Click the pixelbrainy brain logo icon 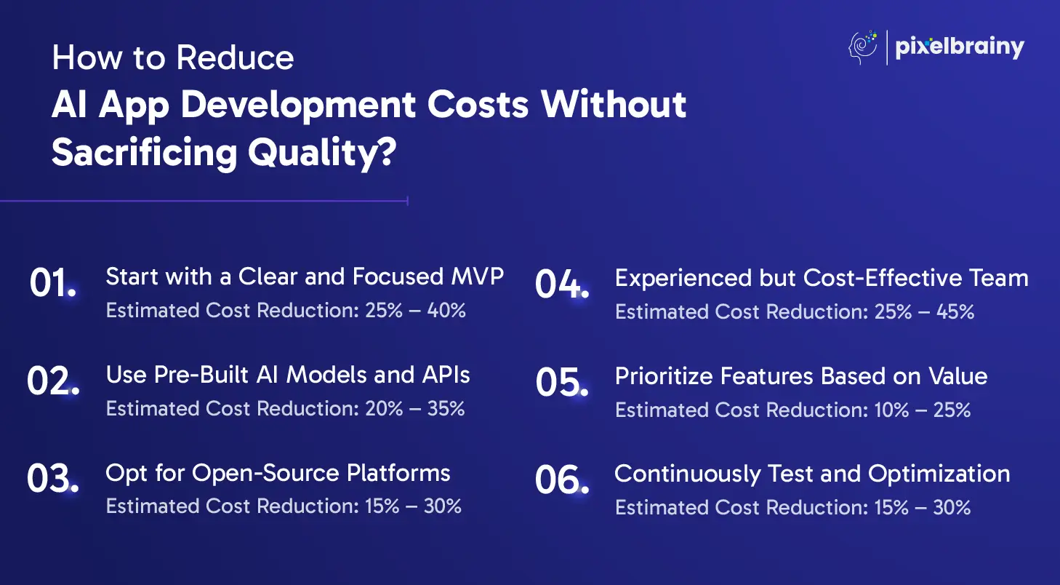click(x=863, y=47)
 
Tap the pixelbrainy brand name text click(x=960, y=47)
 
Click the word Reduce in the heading click(x=235, y=57)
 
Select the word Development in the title click(x=298, y=106)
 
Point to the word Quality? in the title click(x=322, y=153)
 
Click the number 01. click(x=52, y=283)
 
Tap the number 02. click(x=53, y=381)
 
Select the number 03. click(x=52, y=479)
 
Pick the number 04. click(x=562, y=284)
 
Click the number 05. click(x=562, y=382)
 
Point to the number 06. click(x=562, y=479)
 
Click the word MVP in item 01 click(x=477, y=276)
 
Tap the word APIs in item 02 click(x=446, y=375)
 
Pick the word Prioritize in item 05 click(x=664, y=377)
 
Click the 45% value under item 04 click(x=955, y=311)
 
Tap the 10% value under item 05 click(x=891, y=410)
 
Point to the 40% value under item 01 click(x=446, y=311)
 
